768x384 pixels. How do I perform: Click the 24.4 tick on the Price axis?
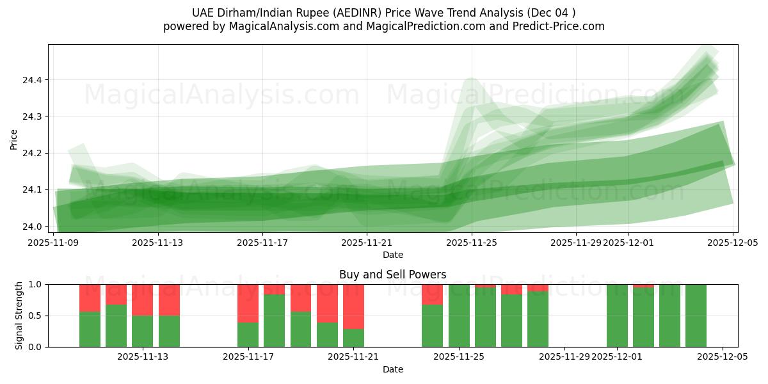[x=31, y=80]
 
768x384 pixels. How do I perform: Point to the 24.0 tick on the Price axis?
[x=31, y=227]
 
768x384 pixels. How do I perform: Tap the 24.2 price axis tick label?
[x=31, y=154]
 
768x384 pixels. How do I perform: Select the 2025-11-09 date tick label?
[x=54, y=243]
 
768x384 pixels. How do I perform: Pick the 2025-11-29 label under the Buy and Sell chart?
[x=564, y=357]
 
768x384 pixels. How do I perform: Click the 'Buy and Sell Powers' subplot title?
[x=392, y=275]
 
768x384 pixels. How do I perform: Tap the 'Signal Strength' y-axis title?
[x=19, y=316]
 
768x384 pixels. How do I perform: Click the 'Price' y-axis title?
[x=14, y=139]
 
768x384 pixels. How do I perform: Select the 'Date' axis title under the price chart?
[x=392, y=255]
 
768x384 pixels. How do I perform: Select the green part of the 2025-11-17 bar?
[x=248, y=334]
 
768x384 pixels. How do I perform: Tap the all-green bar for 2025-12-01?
[x=617, y=316]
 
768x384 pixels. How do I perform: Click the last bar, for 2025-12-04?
[x=696, y=316]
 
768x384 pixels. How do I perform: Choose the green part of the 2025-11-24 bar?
[x=432, y=326]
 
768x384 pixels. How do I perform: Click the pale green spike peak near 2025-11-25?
[x=472, y=80]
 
